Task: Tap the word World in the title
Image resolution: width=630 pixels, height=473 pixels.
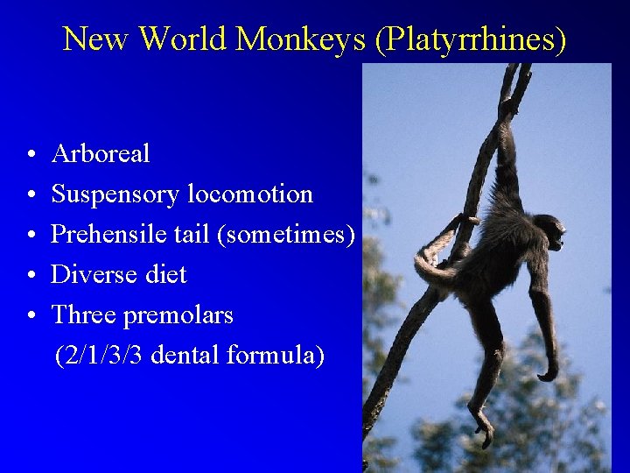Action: tap(183, 39)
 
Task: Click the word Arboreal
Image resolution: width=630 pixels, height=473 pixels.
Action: tap(101, 154)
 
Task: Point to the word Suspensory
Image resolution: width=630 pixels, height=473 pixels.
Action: tap(116, 194)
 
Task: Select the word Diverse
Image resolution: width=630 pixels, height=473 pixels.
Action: tap(93, 275)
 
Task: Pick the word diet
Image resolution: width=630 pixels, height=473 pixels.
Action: tap(164, 275)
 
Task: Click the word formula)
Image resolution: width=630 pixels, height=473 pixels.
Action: tap(276, 356)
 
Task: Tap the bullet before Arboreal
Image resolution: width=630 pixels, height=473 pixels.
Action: tap(30, 155)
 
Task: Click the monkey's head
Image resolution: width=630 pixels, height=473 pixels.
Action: tap(549, 232)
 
